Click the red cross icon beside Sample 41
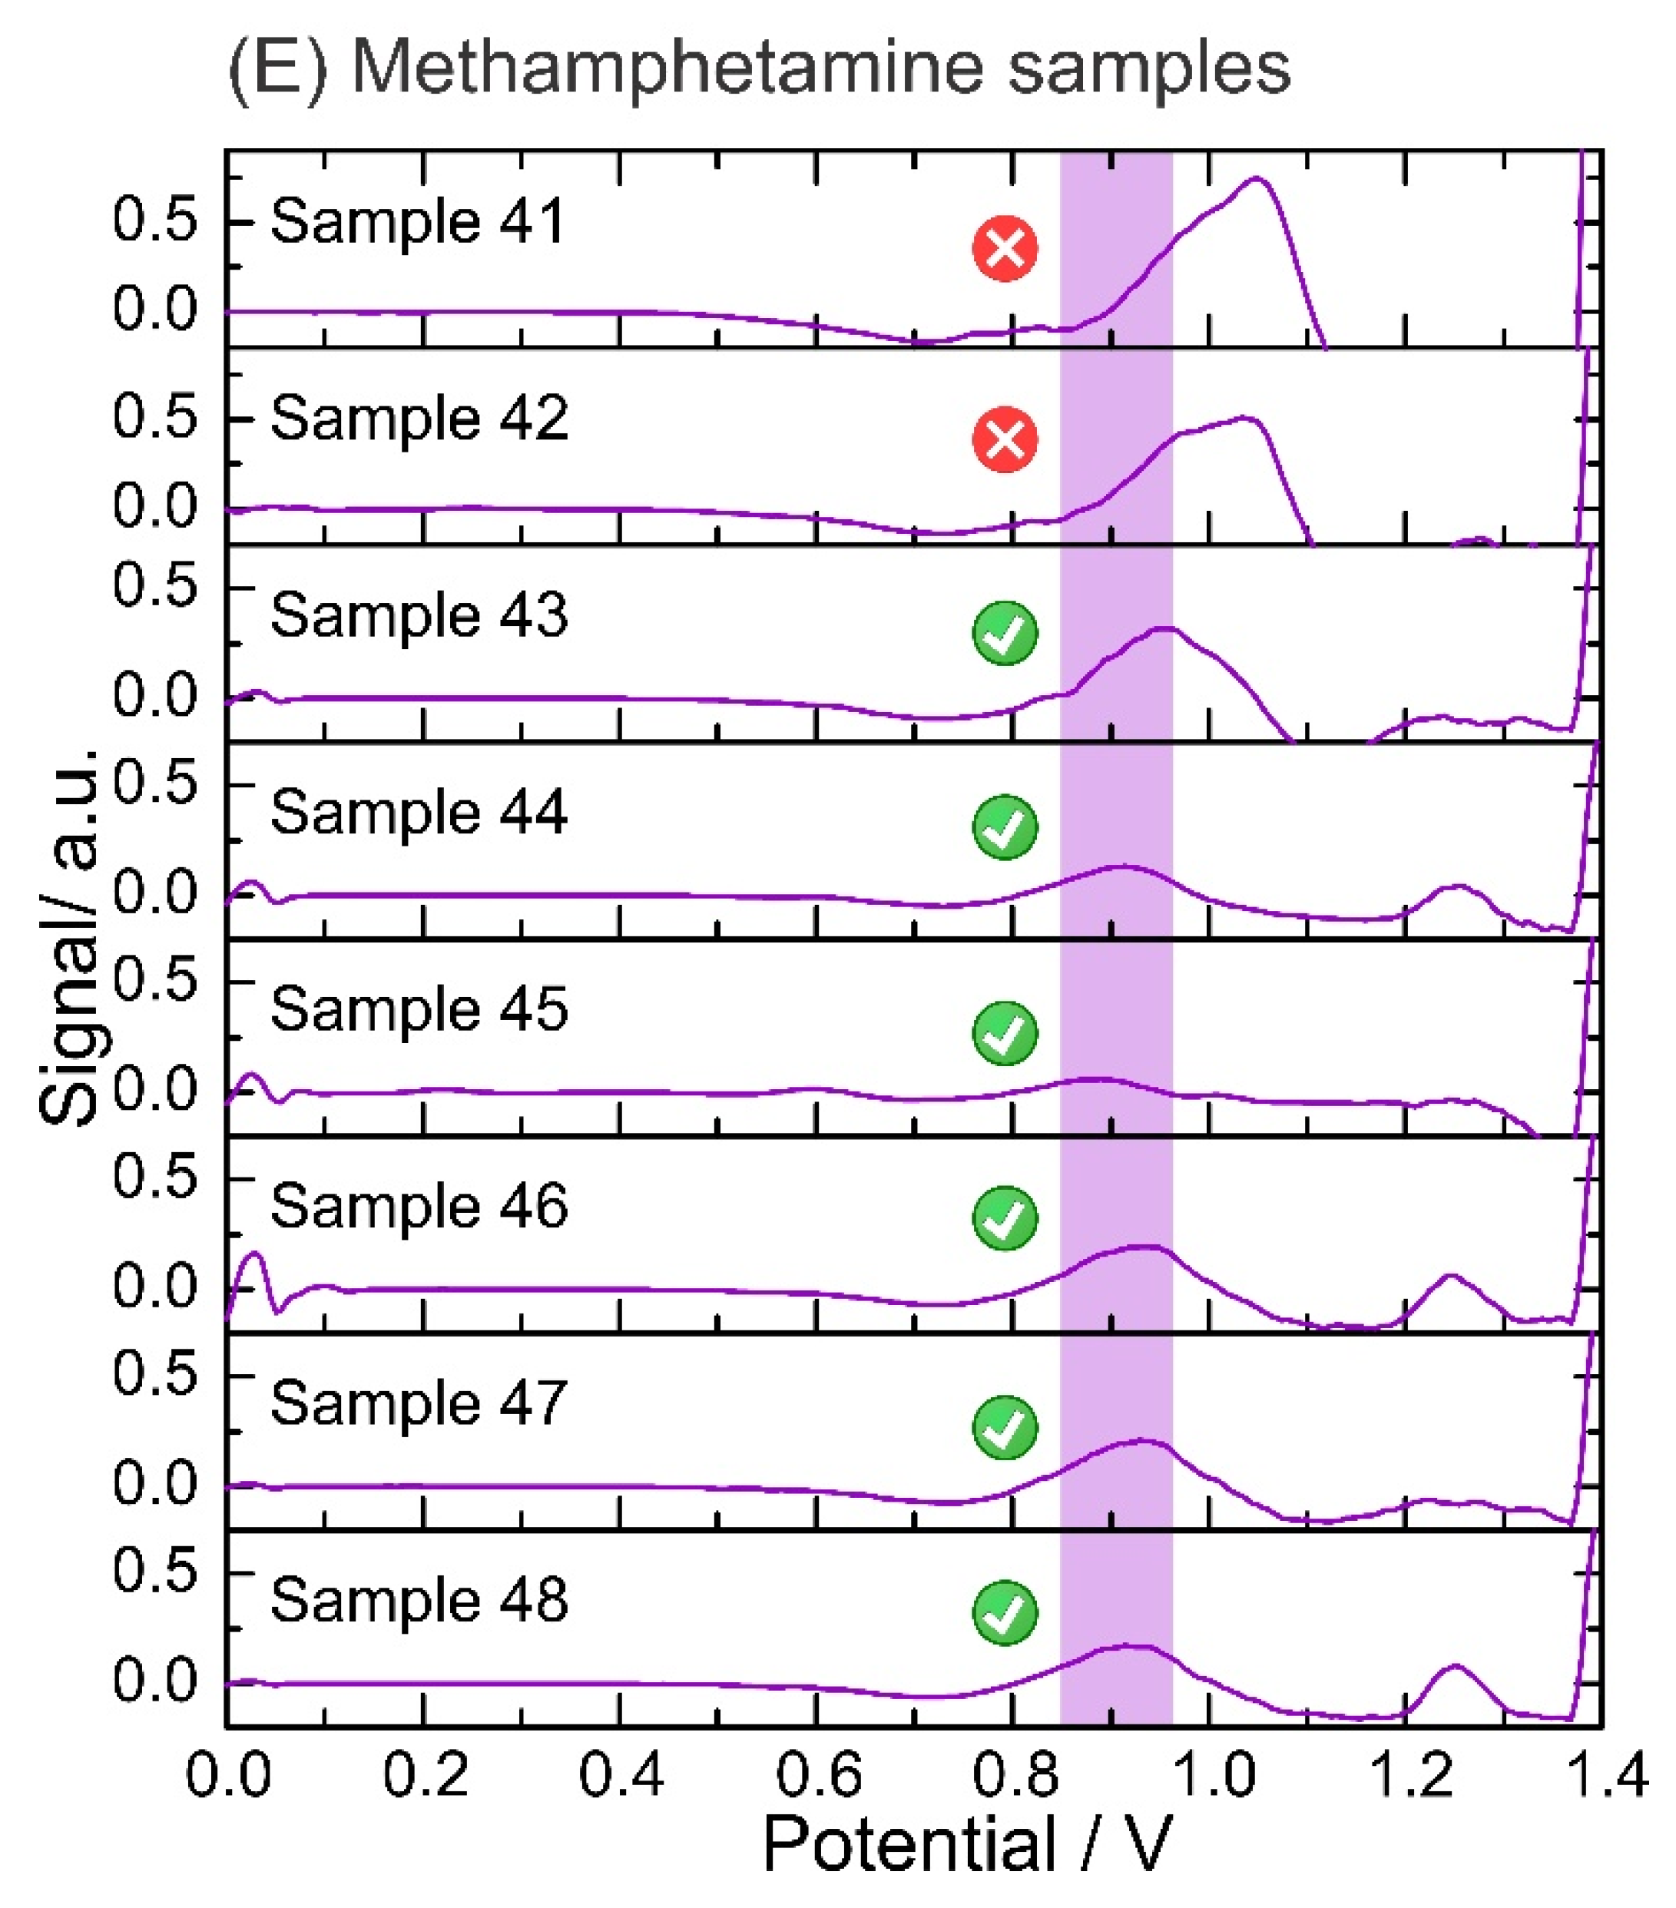[1005, 248]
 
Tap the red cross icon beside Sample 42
[1005, 439]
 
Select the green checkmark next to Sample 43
[1005, 633]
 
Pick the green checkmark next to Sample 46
[1005, 1217]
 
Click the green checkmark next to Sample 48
[1005, 1612]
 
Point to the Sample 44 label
[419, 811]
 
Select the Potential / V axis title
[966, 1846]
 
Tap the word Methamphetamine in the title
[667, 67]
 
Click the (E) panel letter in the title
[277, 67]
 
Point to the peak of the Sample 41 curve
[1256, 177]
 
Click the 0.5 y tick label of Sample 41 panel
[155, 220]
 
